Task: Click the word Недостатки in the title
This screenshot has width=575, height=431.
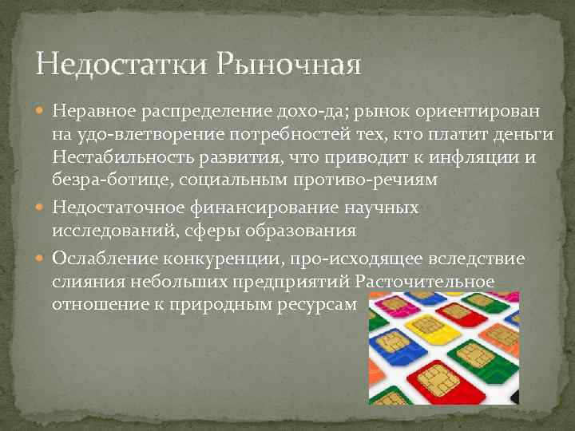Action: click(x=120, y=62)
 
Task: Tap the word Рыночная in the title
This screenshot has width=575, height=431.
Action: click(x=288, y=62)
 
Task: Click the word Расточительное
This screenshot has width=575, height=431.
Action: click(x=425, y=283)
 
